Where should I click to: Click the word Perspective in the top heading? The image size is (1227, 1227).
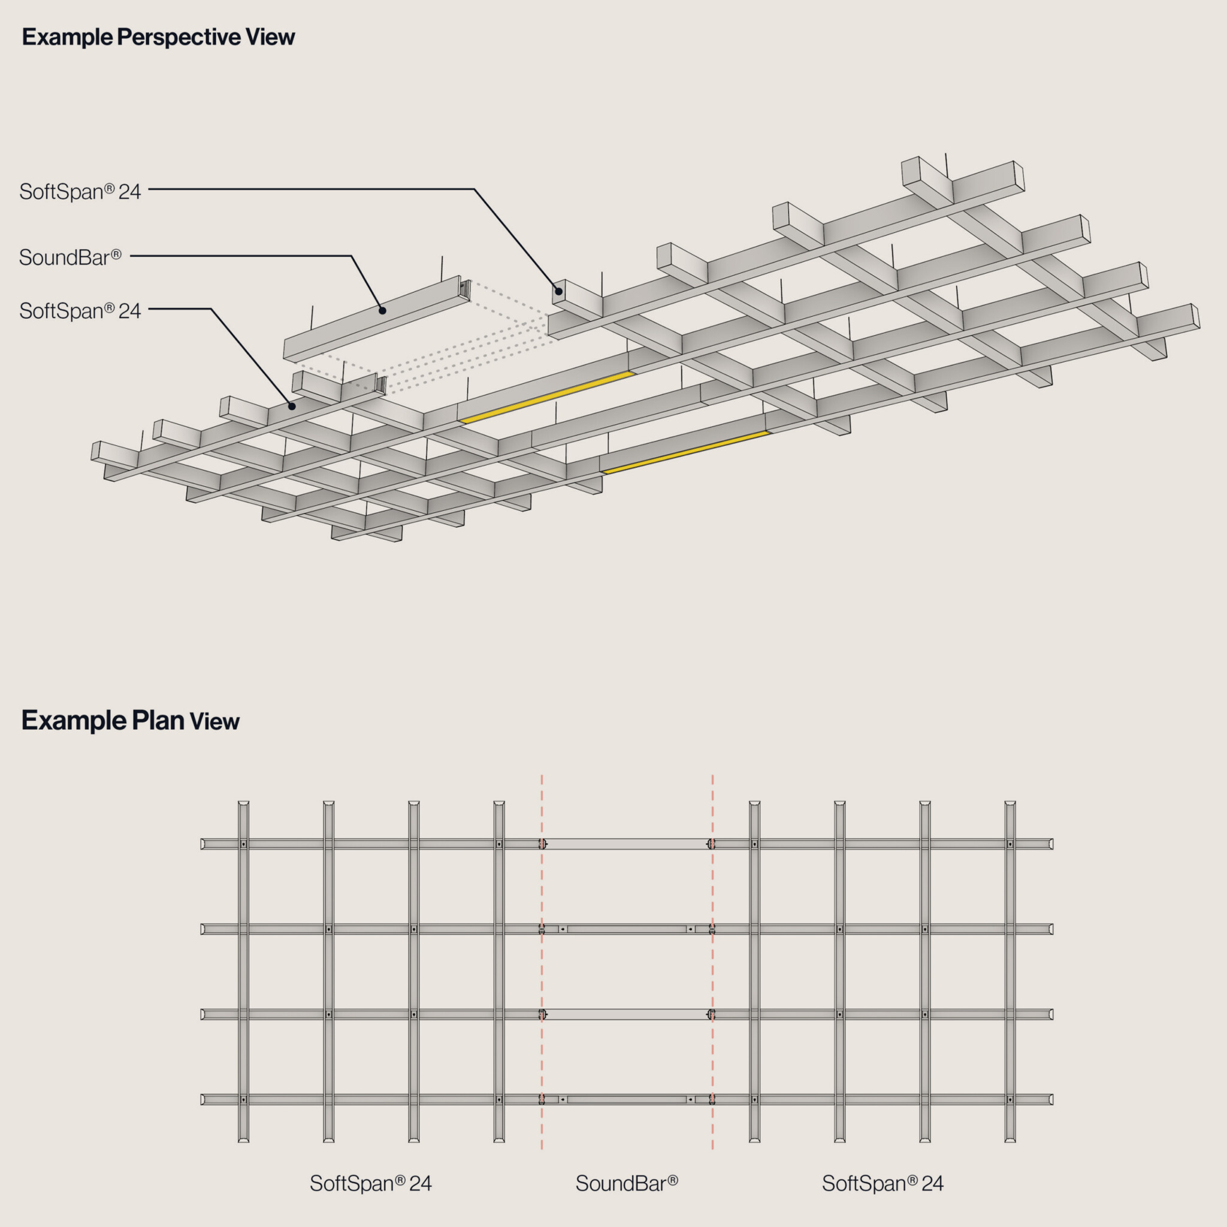click(179, 37)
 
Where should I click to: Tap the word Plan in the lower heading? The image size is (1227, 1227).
click(158, 721)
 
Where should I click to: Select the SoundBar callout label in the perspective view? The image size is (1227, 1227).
click(70, 256)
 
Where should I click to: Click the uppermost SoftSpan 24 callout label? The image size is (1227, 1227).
click(80, 191)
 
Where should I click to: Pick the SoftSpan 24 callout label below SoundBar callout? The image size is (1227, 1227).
click(80, 310)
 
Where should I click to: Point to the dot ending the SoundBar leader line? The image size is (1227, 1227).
click(382, 310)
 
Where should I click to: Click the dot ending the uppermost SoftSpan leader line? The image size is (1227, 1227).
click(558, 292)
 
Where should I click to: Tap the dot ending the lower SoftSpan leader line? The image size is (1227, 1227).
click(292, 406)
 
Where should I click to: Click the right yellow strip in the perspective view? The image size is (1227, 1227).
click(686, 452)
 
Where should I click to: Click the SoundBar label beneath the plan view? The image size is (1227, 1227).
click(626, 1183)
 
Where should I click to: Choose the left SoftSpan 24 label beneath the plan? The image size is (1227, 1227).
click(370, 1183)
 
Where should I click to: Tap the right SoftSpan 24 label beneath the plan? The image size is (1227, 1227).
click(882, 1183)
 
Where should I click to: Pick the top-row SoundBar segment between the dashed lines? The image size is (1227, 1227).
click(627, 844)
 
